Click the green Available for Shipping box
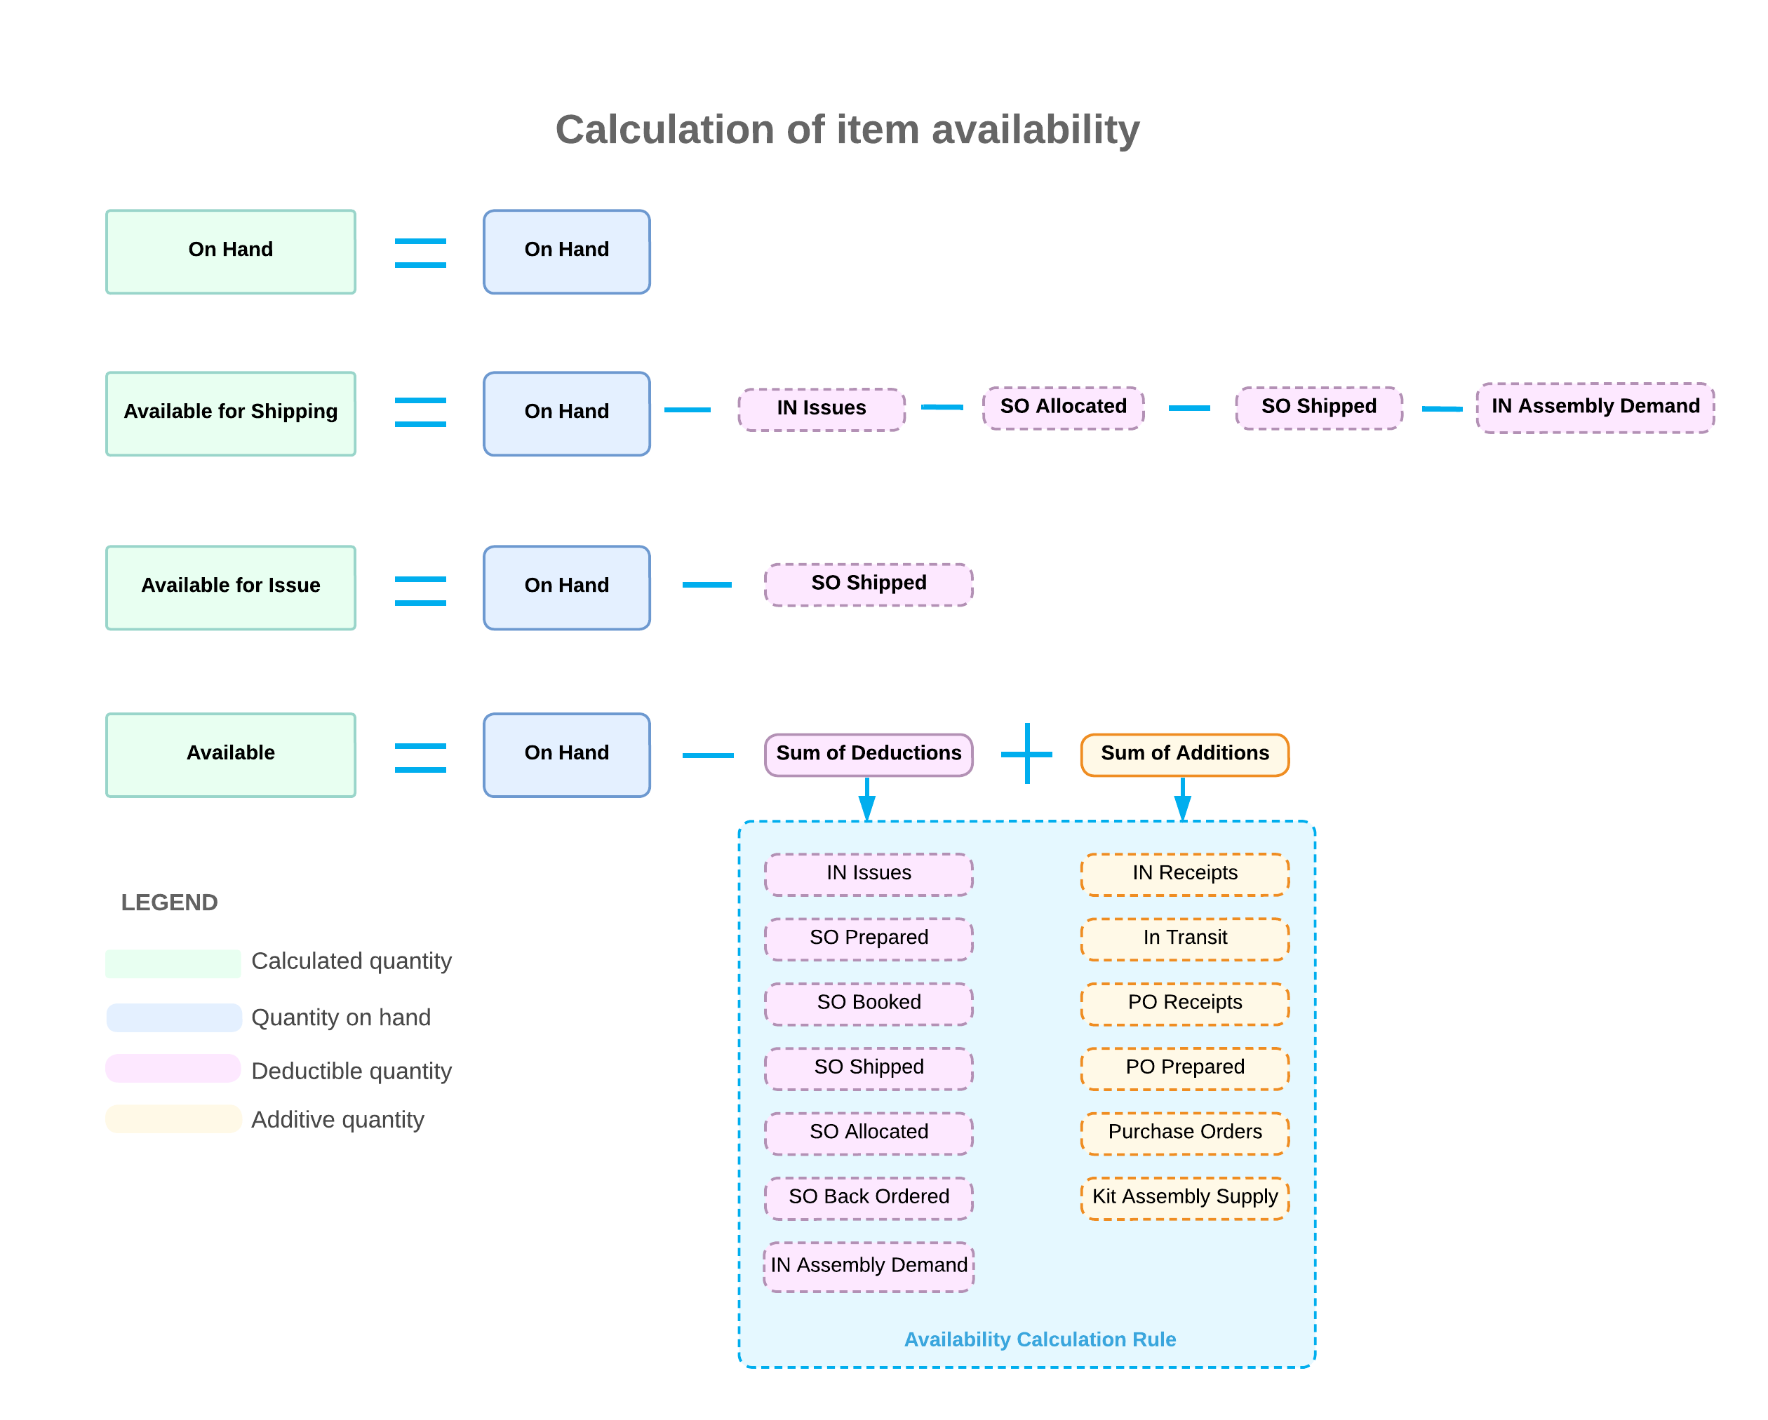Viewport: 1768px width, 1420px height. click(x=230, y=413)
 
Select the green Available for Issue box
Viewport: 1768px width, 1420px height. click(x=230, y=587)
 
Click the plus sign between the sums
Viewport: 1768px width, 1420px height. click(x=1026, y=752)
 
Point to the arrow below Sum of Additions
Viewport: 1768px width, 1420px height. click(x=1181, y=799)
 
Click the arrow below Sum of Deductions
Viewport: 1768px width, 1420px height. click(x=866, y=799)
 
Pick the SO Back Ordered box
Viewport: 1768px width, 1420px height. click(x=868, y=1197)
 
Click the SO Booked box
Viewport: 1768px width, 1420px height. click(x=868, y=1003)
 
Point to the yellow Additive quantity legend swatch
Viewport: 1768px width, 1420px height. click(x=173, y=1119)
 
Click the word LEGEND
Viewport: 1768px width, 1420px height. click(x=169, y=902)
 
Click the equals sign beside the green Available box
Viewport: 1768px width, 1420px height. click(x=420, y=757)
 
